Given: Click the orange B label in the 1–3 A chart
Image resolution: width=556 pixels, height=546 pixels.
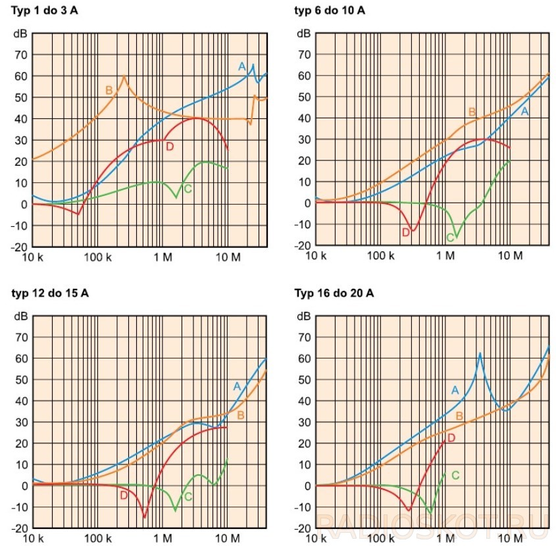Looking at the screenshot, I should pos(109,89).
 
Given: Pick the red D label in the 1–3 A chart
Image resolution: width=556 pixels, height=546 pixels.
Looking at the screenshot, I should pos(169,146).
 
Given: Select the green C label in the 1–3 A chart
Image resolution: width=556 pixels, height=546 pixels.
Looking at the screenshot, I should pos(188,189).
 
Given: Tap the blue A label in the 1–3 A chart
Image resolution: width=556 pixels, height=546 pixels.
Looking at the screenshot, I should pos(241,66).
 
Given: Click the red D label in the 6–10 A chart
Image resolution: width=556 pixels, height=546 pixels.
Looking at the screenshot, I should pos(405,232).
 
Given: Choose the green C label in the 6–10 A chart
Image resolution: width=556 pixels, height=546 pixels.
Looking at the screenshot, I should pos(450,237).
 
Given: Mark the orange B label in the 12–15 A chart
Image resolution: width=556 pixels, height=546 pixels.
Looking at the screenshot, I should pos(241,415).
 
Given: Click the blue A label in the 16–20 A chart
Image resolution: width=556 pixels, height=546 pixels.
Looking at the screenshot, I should pos(454,390).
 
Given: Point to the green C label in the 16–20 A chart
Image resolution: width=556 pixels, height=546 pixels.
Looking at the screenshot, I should pos(455,475).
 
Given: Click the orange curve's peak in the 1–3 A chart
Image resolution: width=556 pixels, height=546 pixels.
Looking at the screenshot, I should pos(124,76).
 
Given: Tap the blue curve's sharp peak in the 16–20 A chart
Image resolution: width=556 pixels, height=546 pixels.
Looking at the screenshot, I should pos(480,353).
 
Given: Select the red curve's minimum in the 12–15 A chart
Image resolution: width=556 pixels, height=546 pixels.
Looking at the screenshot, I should pos(145,517).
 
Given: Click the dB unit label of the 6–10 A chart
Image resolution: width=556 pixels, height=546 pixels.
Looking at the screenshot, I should pos(303,34).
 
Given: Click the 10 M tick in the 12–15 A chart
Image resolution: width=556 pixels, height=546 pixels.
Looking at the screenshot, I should pos(226,537).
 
